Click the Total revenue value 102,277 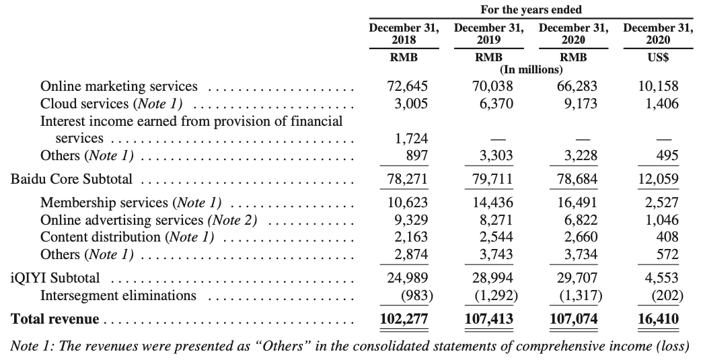[x=404, y=318]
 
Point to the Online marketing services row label [x=119, y=86]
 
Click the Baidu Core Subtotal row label [x=71, y=180]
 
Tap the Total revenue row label [x=55, y=319]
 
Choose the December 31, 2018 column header [x=404, y=34]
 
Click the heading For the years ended [x=531, y=9]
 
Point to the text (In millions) [x=531, y=69]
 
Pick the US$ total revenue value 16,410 [x=657, y=318]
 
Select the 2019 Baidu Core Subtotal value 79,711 [x=489, y=180]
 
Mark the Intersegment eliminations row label [x=118, y=295]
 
